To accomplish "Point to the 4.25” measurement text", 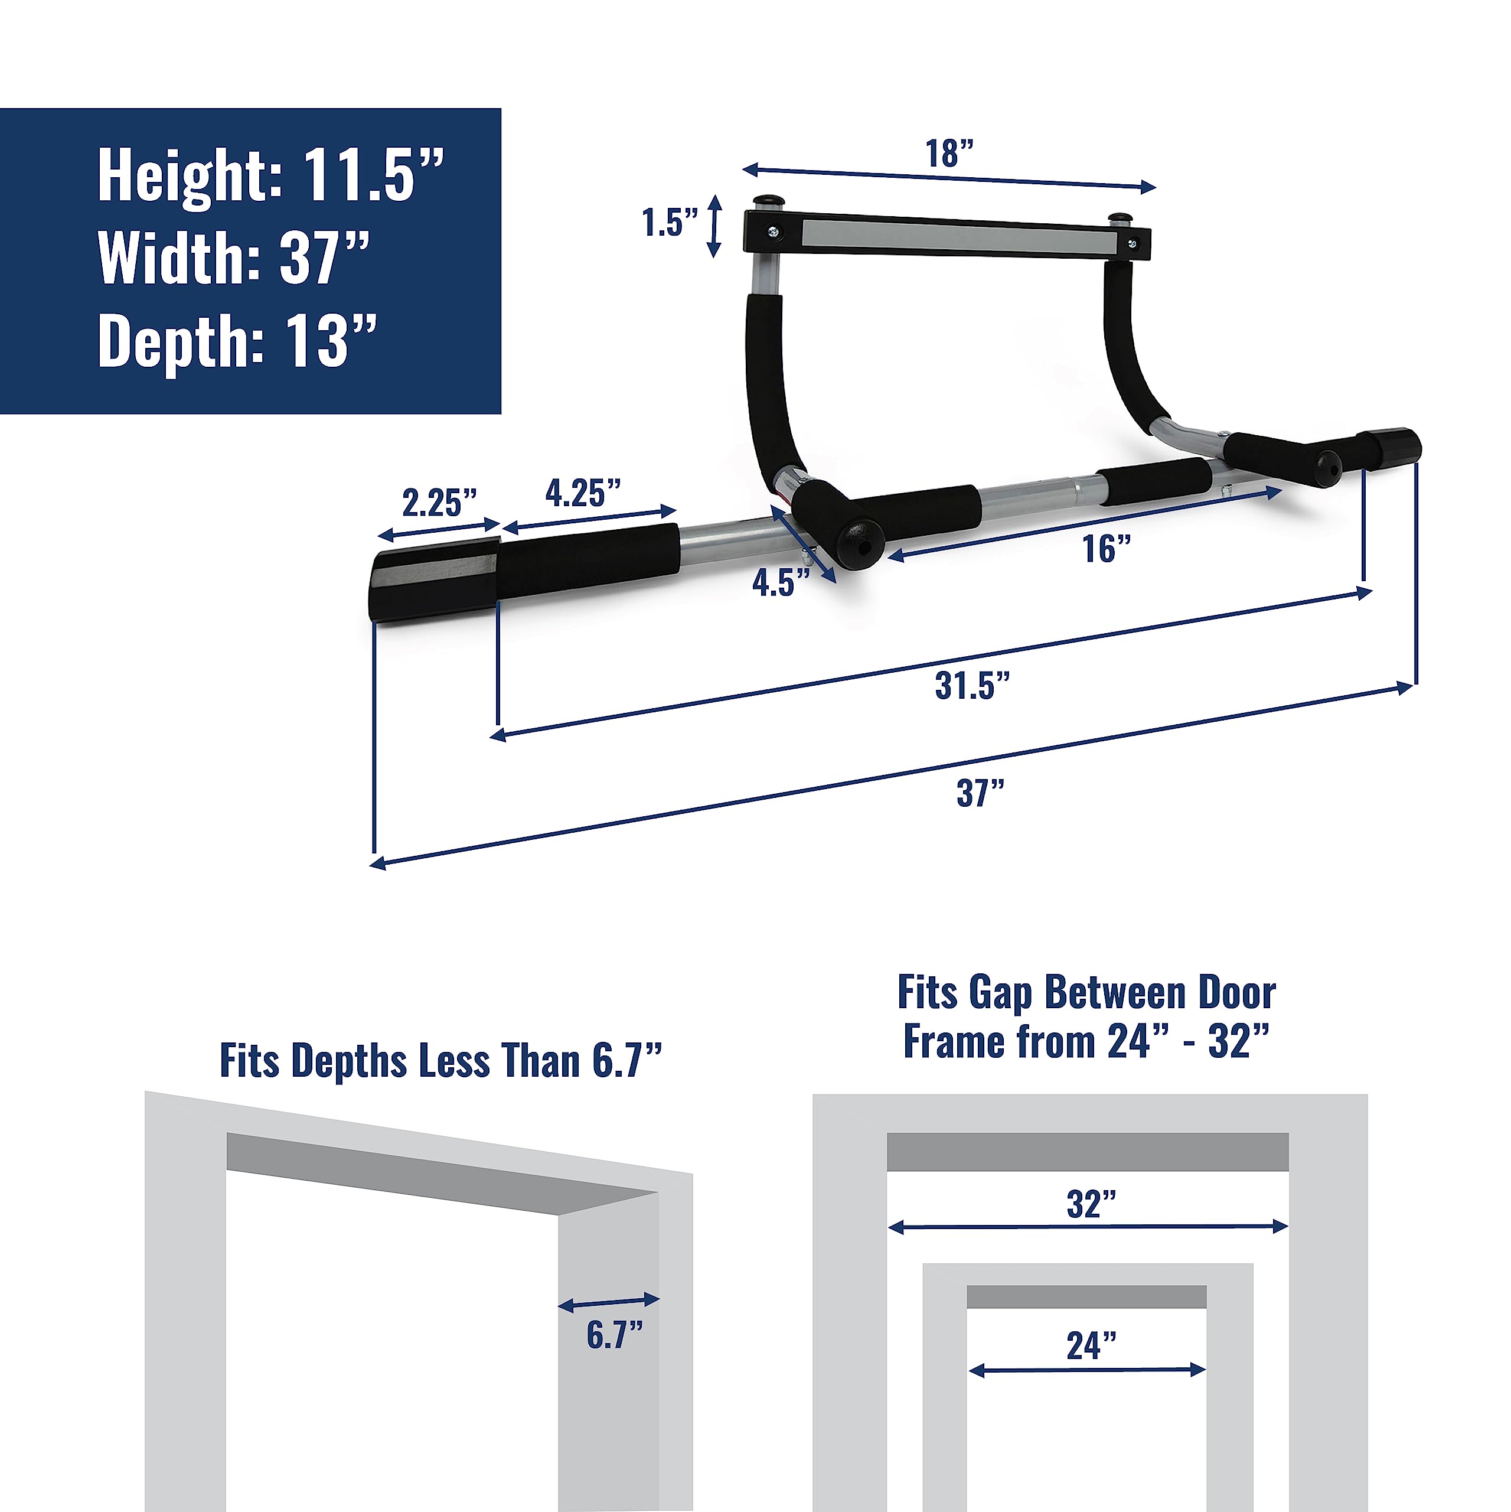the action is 583,493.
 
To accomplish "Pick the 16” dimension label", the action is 1107,549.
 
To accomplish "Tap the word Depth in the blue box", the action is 181,341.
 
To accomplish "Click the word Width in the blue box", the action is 179,258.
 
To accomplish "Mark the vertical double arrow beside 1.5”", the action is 714,226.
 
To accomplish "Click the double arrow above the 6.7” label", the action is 609,1302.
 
